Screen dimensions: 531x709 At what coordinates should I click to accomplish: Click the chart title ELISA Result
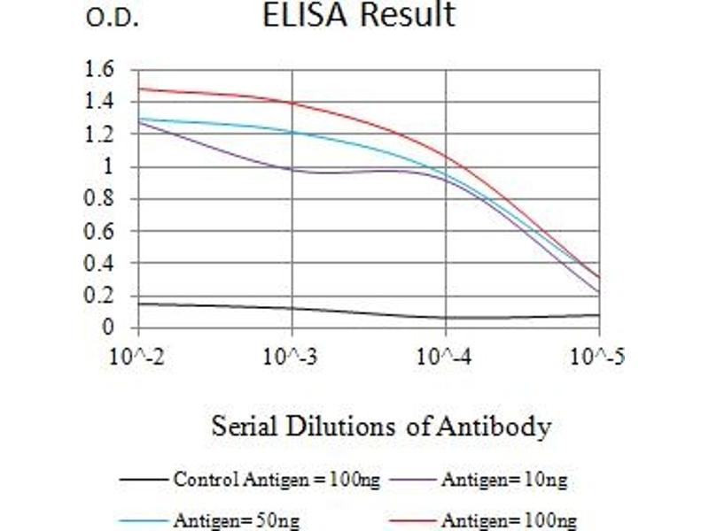click(359, 15)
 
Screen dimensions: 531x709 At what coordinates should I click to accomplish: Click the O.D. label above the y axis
click(113, 19)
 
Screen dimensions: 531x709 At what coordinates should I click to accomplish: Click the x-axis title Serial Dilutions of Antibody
click(381, 427)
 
